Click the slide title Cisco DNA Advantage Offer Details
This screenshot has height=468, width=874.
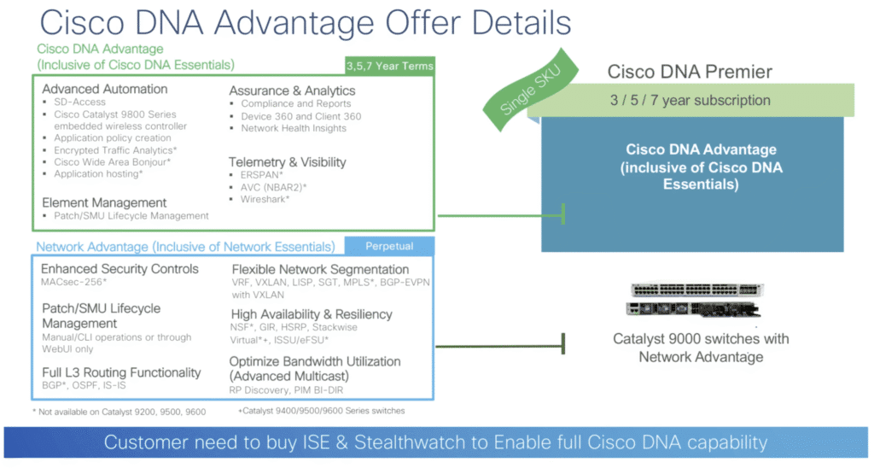point(306,23)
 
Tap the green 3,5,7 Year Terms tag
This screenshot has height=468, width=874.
point(389,66)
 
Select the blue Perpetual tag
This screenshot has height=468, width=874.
point(388,246)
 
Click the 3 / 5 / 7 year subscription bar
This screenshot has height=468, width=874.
point(690,100)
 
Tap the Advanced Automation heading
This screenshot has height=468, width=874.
point(105,89)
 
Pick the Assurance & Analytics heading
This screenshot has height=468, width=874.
point(292,91)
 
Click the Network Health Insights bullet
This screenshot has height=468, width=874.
point(293,128)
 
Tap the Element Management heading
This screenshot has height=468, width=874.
point(104,202)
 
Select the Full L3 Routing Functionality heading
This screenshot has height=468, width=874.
point(121,372)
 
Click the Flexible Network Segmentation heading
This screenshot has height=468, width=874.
point(320,270)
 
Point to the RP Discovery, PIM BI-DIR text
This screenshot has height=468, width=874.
point(286,390)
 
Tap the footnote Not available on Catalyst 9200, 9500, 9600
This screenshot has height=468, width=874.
point(118,411)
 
